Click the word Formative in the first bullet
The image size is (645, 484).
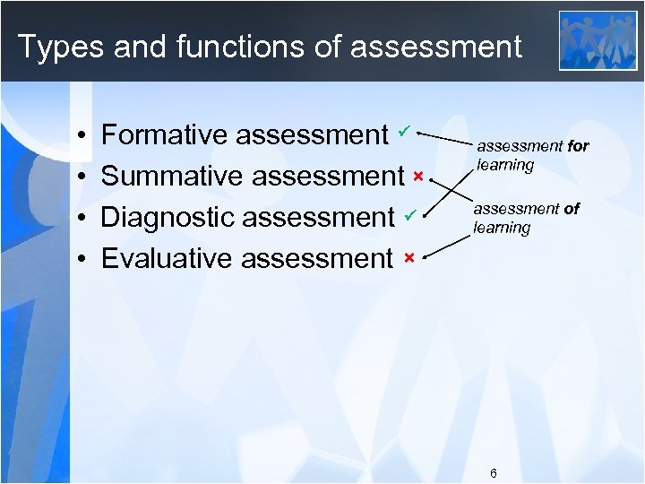(x=165, y=134)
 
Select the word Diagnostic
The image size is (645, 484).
(x=168, y=218)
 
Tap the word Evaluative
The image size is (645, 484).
(x=167, y=259)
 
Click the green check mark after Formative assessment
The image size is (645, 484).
(x=405, y=132)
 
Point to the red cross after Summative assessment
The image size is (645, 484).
(x=417, y=175)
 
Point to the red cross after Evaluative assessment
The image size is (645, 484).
(x=408, y=258)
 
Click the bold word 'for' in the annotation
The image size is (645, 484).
(x=578, y=146)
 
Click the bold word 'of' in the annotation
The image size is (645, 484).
(x=571, y=209)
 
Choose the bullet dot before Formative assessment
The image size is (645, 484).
(x=81, y=136)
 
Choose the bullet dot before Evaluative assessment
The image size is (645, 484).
(x=81, y=260)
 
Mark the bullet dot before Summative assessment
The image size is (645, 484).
(x=81, y=177)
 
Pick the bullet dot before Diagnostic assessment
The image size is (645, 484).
(x=81, y=219)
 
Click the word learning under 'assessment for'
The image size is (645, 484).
(x=505, y=165)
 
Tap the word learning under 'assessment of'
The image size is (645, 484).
(x=502, y=228)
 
